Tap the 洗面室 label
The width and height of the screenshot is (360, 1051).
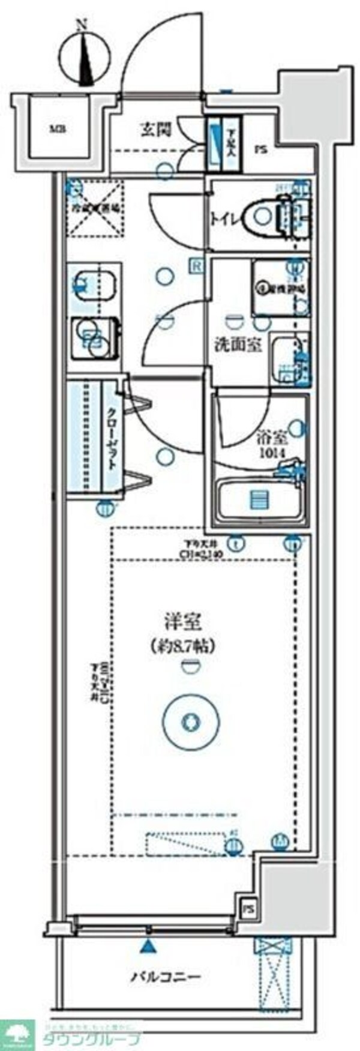(238, 345)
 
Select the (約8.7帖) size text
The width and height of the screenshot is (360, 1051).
(183, 646)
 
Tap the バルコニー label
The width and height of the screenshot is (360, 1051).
(166, 976)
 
